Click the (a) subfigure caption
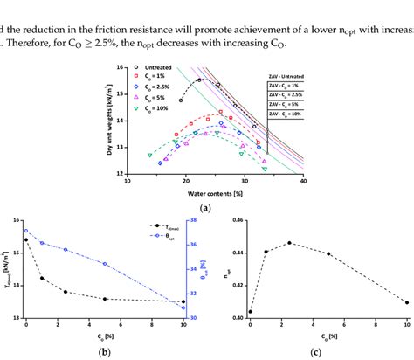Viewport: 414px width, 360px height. click(206, 209)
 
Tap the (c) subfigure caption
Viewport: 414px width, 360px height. click(315, 352)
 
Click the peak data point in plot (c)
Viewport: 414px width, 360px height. click(289, 243)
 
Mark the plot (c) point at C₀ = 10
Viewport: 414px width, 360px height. click(407, 302)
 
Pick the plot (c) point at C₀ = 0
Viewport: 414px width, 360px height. click(250, 312)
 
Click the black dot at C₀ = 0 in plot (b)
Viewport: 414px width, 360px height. click(26, 239)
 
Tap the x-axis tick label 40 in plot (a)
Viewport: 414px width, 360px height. click(302, 182)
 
